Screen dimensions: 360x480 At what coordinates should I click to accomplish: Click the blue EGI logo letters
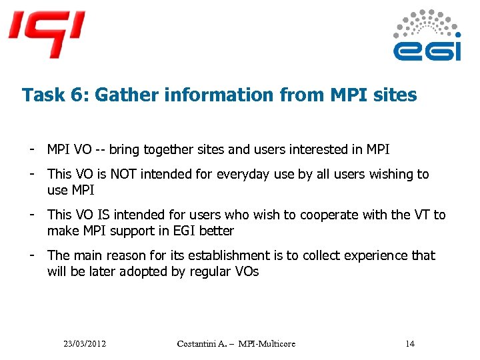coord(427,51)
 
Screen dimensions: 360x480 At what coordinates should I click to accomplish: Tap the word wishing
coord(391,174)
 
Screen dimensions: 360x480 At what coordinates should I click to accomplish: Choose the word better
coord(216,231)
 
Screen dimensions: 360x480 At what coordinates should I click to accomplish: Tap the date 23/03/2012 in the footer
coord(85,343)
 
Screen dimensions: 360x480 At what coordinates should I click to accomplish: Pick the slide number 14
coord(409,343)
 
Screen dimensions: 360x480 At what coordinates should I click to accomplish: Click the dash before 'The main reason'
coord(31,255)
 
